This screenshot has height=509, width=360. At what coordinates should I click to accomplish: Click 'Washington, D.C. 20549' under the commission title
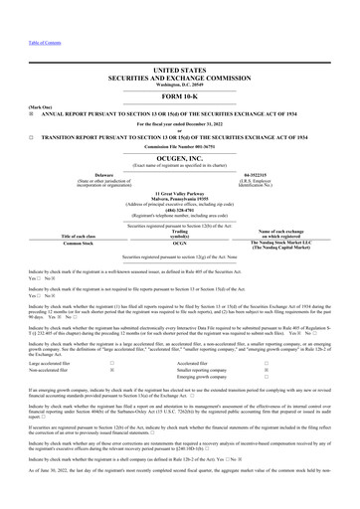click(x=179, y=85)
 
